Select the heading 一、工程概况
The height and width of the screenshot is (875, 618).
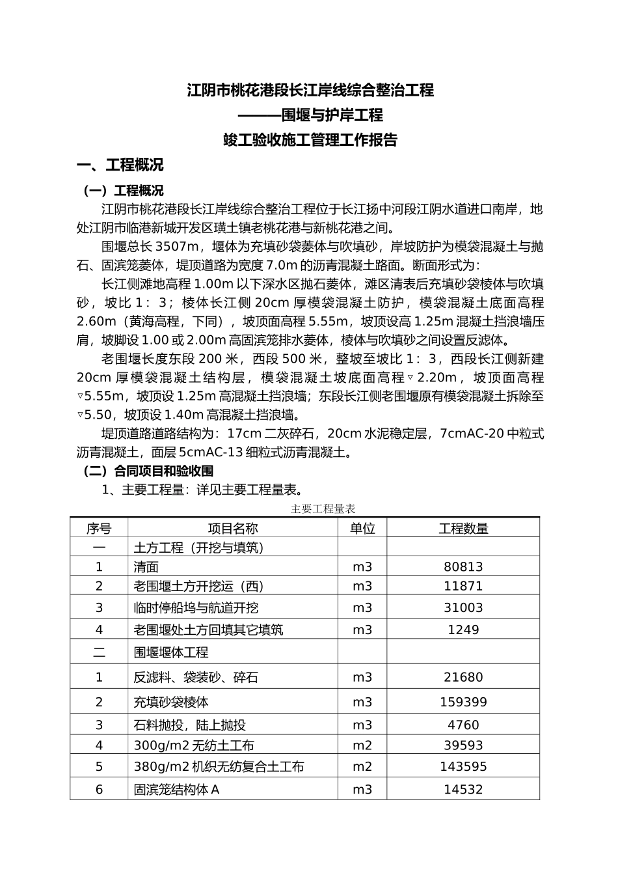click(x=120, y=165)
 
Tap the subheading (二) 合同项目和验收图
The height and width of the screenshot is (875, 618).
click(x=148, y=471)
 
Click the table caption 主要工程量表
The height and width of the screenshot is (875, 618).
click(x=323, y=509)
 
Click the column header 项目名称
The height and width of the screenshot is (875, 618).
click(x=232, y=529)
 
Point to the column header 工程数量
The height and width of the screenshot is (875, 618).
click(x=463, y=529)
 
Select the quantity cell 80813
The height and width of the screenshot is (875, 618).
click(x=463, y=567)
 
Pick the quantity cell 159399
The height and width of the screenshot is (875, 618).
click(x=463, y=702)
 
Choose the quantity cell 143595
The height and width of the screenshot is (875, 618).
click(x=463, y=766)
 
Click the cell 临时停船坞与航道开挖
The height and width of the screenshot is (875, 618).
click(x=196, y=607)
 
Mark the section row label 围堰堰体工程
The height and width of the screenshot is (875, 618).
click(x=171, y=652)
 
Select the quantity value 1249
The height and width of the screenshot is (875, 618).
click(x=463, y=630)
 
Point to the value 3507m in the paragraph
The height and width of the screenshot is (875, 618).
click(x=177, y=247)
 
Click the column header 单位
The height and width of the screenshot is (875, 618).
click(x=362, y=529)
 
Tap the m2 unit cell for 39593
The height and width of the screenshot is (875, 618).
click(x=362, y=745)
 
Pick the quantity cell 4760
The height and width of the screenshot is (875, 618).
click(x=463, y=725)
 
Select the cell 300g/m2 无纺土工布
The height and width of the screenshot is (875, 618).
click(x=194, y=745)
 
